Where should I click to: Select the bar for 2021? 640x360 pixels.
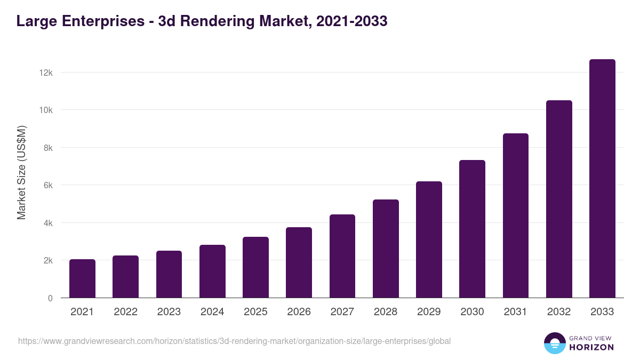click(x=82, y=278)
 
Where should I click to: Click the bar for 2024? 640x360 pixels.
click(x=212, y=271)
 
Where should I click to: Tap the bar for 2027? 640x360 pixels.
click(x=342, y=256)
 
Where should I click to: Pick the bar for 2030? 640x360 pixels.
click(x=472, y=229)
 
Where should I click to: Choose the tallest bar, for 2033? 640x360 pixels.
click(x=602, y=179)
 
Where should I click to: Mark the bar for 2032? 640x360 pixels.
click(x=559, y=199)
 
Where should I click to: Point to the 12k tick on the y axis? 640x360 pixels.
click(x=46, y=73)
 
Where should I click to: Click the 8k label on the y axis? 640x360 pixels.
click(x=47, y=148)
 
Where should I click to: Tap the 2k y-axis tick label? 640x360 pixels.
click(x=47, y=260)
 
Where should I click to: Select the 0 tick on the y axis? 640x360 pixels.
click(x=50, y=298)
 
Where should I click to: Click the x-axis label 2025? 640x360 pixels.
click(x=255, y=312)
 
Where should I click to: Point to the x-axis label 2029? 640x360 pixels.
click(x=429, y=312)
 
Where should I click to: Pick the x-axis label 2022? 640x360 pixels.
click(x=125, y=312)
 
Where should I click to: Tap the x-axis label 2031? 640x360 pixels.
click(x=515, y=312)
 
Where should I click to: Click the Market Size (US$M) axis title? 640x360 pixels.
click(x=22, y=172)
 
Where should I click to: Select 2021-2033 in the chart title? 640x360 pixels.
click(x=351, y=22)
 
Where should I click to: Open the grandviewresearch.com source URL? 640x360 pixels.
click(x=235, y=341)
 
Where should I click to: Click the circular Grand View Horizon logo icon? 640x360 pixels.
click(x=554, y=343)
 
